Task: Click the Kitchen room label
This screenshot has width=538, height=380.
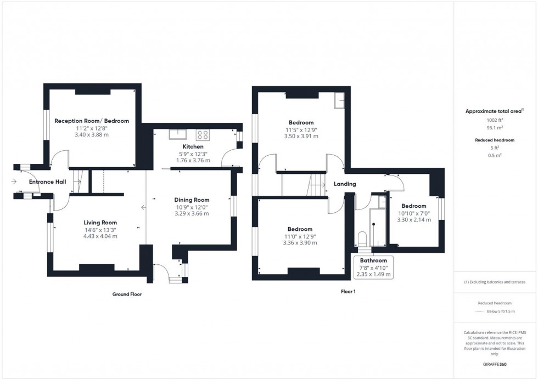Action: tap(193, 147)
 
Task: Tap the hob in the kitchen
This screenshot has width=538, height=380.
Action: tap(203, 134)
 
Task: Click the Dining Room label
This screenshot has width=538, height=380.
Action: tap(192, 200)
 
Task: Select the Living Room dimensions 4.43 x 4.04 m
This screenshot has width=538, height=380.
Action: tap(100, 236)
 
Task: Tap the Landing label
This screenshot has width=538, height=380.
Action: tap(345, 184)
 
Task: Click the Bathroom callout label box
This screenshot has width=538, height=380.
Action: tap(373, 267)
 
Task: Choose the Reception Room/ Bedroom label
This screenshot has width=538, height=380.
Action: tap(92, 121)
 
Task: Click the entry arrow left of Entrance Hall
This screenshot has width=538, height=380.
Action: tap(13, 182)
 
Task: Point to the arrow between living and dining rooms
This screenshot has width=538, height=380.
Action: tap(144, 207)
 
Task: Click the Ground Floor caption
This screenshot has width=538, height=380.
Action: tap(127, 294)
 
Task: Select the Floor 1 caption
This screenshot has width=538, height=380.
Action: tap(348, 292)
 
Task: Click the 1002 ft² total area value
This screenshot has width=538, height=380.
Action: tap(495, 120)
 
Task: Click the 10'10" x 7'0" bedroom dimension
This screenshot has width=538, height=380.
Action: tap(413, 213)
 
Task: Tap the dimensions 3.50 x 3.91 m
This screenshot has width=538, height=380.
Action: tap(301, 136)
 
